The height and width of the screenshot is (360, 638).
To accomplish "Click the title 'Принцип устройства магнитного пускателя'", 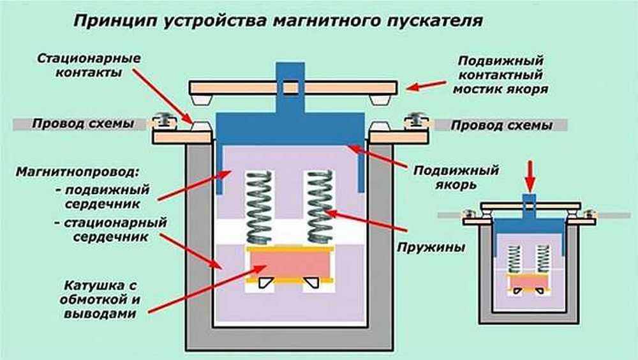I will (x=278, y=21).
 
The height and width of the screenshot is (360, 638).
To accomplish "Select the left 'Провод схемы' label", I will (x=83, y=124).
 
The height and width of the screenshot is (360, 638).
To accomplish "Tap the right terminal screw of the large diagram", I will (x=414, y=120).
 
